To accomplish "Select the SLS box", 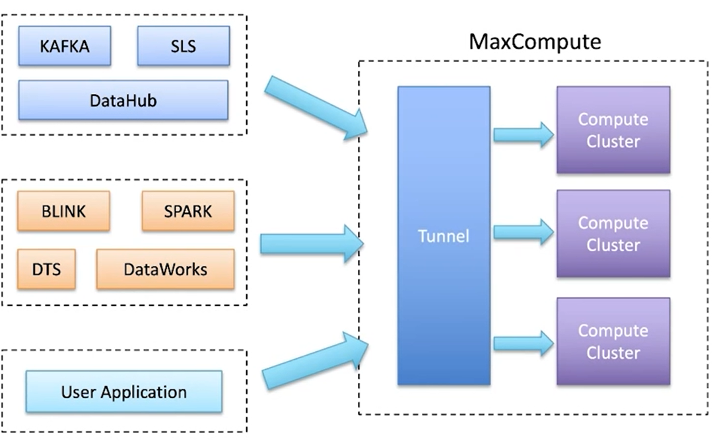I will pos(183,46).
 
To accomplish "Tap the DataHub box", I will pos(123,101).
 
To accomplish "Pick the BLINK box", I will pos(63,211).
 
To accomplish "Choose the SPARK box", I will pos(187,211).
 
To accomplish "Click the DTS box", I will pos(46,269).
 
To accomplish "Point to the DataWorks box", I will pos(165,269).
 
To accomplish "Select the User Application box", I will pos(123,391).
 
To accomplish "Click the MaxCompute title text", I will pos(535,41).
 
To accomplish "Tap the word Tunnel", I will pos(443,236).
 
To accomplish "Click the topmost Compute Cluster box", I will pos(613,130).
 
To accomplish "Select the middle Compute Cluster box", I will pos(613,234).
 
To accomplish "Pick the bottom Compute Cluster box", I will pos(613,341).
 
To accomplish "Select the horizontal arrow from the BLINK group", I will pos(310,243).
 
